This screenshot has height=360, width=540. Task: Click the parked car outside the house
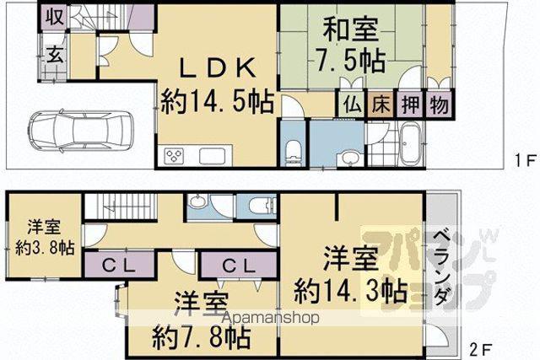pyautogui.click(x=79, y=132)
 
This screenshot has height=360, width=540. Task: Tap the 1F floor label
pyautogui.click(x=526, y=161)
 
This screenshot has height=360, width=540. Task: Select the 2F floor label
pyautogui.click(x=480, y=350)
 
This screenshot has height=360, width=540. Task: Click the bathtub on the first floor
pyautogui.click(x=408, y=144)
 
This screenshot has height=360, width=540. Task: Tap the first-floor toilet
pyautogui.click(x=294, y=152)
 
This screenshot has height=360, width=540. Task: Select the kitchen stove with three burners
pyautogui.click(x=175, y=156)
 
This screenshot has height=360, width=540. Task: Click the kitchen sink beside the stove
pyautogui.click(x=212, y=156)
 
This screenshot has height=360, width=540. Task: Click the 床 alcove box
pyautogui.click(x=381, y=105)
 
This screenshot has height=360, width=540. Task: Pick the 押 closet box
pyautogui.click(x=411, y=105)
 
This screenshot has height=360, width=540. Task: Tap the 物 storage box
pyautogui.click(x=439, y=105)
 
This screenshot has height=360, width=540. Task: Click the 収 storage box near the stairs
pyautogui.click(x=54, y=18)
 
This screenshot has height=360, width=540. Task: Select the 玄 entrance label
pyautogui.click(x=55, y=54)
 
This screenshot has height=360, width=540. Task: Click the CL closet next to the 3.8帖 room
pyautogui.click(x=119, y=266)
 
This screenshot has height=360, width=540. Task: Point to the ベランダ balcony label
pyautogui.click(x=440, y=268)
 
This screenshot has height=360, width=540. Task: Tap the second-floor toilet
pyautogui.click(x=262, y=207)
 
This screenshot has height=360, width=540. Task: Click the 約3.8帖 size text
pyautogui.click(x=45, y=248)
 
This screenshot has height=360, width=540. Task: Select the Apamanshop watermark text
pyautogui.click(x=270, y=318)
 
